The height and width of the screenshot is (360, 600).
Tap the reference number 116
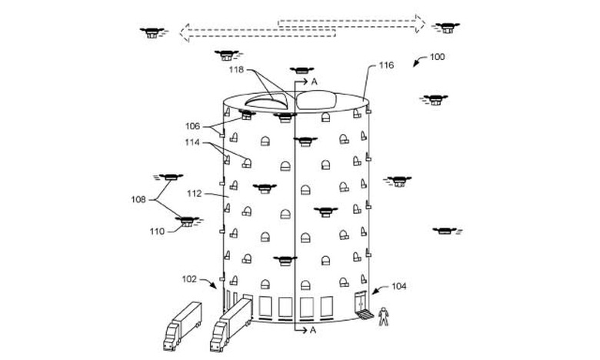click(386, 66)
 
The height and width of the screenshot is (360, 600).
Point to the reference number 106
click(192, 125)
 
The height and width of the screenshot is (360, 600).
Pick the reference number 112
click(193, 194)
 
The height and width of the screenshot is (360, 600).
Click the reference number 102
click(189, 278)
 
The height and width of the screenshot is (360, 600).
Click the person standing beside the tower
click(383, 315)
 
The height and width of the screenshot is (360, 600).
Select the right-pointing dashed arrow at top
click(350, 22)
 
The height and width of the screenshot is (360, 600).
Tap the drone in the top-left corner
click(152, 32)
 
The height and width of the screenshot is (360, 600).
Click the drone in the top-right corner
click(446, 28)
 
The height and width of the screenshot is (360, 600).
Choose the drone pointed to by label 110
click(186, 222)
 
